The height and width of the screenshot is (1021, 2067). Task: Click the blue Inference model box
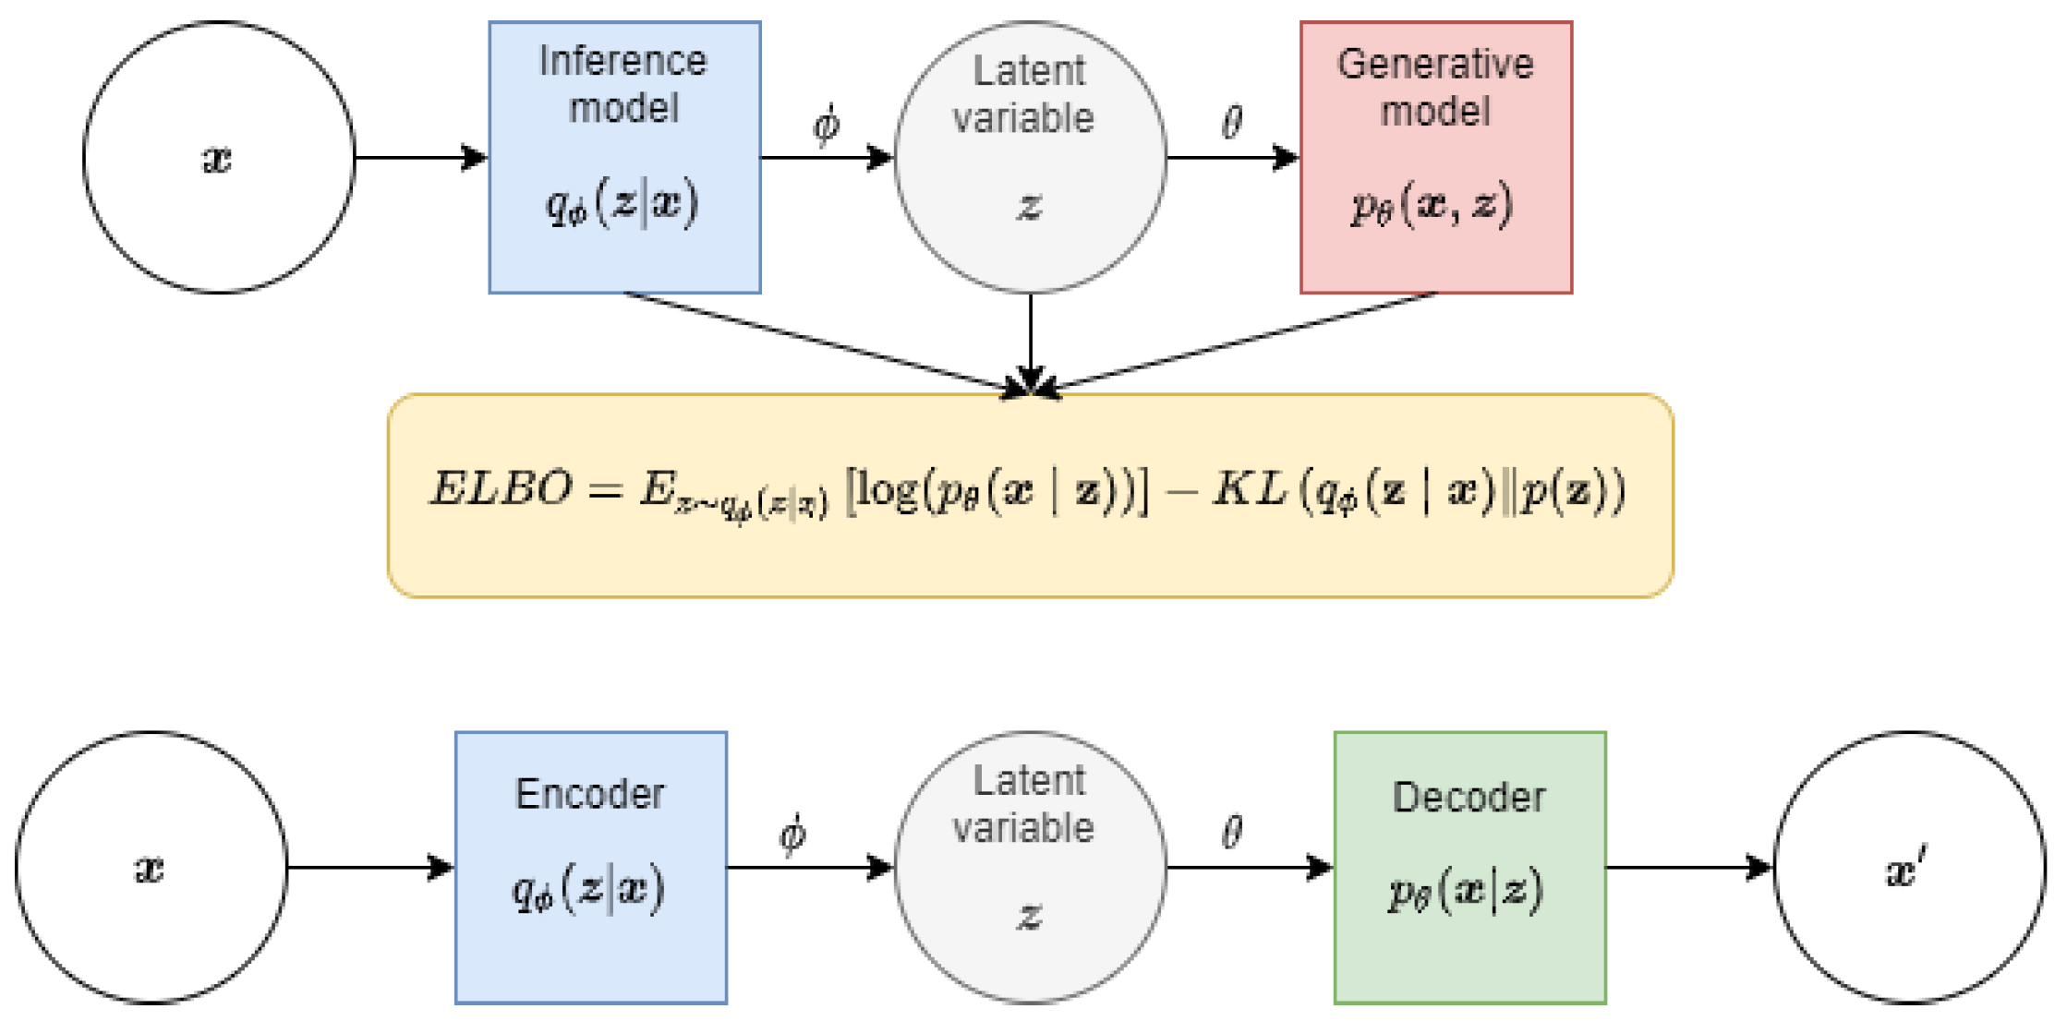pos(624,157)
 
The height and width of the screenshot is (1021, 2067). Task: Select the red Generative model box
pos(1435,157)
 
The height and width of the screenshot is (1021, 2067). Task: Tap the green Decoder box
pos(1469,867)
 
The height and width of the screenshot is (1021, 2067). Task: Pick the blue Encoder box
pos(590,867)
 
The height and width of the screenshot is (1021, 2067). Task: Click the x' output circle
pos(1908,867)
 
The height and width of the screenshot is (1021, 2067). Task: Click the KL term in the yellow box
pos(1250,488)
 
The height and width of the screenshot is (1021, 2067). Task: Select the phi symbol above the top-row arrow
pos(826,125)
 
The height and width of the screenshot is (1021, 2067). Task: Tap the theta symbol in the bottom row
pos(1232,833)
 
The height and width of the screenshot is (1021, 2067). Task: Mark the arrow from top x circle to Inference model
pos(420,157)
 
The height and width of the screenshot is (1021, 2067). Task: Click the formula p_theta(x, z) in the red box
pos(1432,205)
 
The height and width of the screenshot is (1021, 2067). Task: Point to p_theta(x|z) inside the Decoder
pos(1466,892)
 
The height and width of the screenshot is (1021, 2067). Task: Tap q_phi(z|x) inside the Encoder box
pos(588,892)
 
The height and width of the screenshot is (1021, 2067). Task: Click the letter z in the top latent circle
pos(1029,206)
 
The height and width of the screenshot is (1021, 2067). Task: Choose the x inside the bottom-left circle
pos(150,869)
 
